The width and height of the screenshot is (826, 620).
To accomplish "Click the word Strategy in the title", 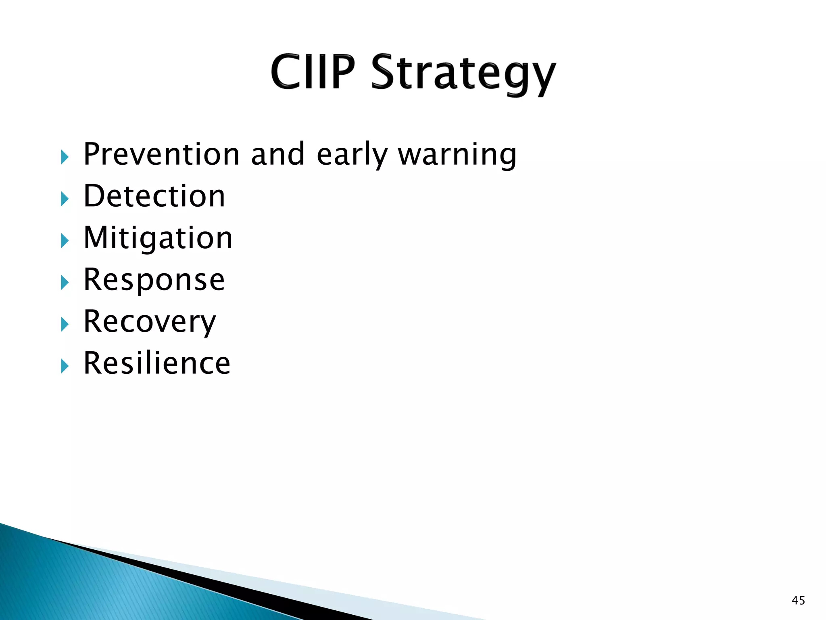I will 463,75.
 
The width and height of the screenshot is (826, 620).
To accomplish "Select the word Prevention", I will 161,154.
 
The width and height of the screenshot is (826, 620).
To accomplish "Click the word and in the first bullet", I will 277,154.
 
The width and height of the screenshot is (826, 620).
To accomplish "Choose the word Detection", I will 154,196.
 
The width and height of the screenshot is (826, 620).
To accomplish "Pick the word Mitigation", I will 158,239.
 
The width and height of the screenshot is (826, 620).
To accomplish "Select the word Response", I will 154,280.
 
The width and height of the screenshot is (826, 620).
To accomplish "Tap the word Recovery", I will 150,322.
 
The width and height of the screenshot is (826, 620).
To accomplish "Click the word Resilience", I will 156,363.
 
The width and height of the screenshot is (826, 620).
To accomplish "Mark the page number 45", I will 798,601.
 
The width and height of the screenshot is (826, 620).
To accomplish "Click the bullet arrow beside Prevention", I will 65,157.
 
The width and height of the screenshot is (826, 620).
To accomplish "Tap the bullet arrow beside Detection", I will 65,199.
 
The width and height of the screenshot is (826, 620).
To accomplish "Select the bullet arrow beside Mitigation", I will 65,241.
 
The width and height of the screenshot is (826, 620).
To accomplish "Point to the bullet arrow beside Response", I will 65,283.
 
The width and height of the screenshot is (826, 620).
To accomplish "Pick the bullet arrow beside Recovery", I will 65,325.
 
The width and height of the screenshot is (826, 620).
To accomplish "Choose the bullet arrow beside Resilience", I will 65,366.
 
